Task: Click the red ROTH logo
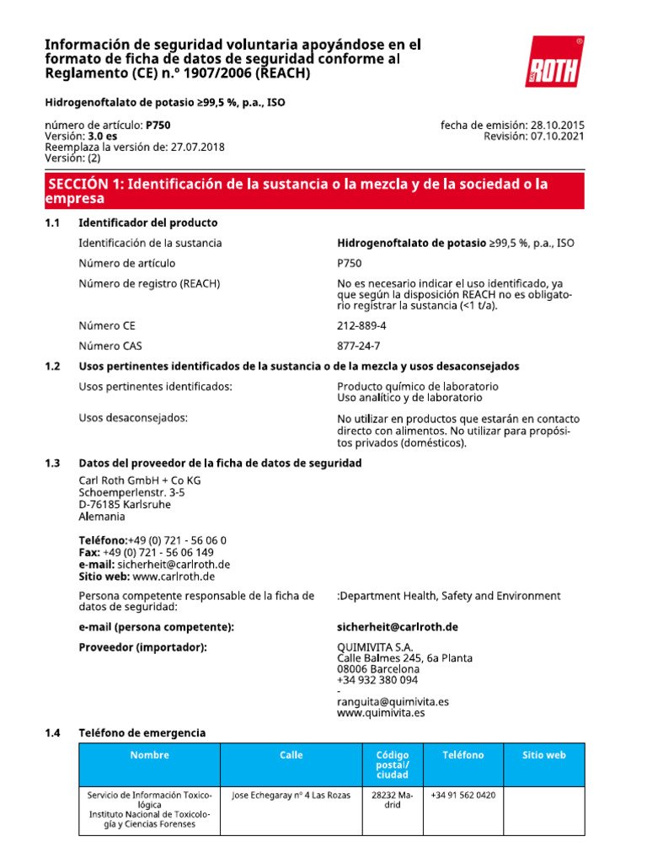click(x=553, y=62)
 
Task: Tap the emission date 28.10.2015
click(x=557, y=125)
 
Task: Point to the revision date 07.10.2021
click(x=557, y=136)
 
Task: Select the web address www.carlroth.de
click(x=174, y=576)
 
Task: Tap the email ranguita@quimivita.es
click(x=393, y=701)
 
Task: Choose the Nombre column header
click(x=149, y=755)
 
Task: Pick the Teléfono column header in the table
click(x=463, y=755)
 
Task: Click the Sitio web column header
click(x=544, y=755)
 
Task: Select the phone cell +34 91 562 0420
click(x=463, y=795)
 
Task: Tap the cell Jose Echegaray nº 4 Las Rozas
click(x=291, y=795)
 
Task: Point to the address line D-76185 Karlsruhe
click(x=125, y=504)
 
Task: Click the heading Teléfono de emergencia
click(x=142, y=733)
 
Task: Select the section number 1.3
click(x=53, y=464)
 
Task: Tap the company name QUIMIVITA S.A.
click(x=375, y=646)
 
